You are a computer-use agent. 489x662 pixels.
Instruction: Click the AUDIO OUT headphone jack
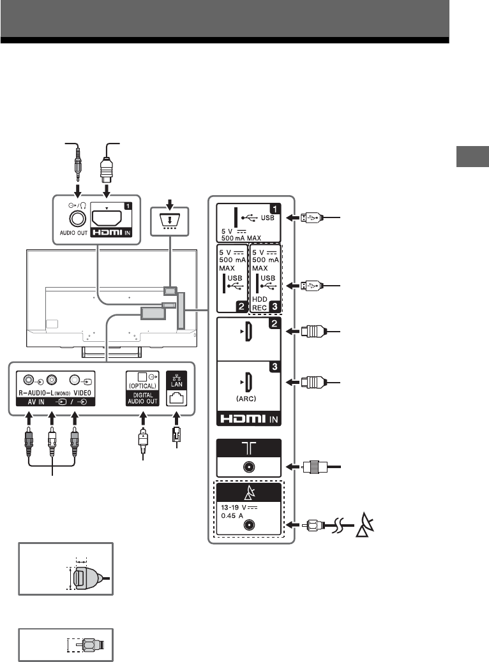point(77,219)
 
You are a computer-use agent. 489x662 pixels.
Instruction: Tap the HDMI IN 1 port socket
point(107,218)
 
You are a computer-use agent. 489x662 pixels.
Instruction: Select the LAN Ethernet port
point(177,398)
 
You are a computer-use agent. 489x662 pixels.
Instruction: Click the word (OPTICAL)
point(142,386)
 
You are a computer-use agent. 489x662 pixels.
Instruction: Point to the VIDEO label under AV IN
point(82,393)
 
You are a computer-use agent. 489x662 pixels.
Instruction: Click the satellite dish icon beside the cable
point(365,525)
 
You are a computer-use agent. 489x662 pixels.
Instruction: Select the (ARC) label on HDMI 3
point(246,399)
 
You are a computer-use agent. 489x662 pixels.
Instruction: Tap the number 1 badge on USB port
point(275,209)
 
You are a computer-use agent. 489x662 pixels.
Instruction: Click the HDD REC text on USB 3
point(260,304)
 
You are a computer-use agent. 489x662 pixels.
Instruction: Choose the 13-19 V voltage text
point(239,508)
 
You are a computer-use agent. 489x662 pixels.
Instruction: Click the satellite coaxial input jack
point(248,525)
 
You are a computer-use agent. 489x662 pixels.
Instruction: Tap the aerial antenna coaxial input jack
point(248,467)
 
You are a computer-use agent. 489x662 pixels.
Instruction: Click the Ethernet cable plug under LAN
point(177,435)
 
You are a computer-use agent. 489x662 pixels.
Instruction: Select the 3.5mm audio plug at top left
point(77,164)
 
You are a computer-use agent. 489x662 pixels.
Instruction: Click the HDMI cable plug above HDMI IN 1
point(107,169)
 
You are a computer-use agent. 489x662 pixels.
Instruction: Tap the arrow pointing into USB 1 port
point(293,218)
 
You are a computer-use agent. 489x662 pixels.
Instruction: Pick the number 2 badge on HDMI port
point(275,324)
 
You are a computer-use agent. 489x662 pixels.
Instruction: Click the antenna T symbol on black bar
point(248,448)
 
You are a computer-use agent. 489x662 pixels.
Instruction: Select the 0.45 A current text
point(232,516)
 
